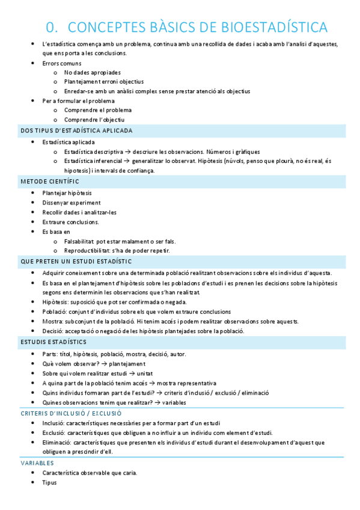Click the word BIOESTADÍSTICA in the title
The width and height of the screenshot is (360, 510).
click(275, 28)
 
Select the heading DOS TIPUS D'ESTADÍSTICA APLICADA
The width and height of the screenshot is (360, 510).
click(76, 131)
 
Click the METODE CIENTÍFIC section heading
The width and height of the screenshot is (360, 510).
click(49, 181)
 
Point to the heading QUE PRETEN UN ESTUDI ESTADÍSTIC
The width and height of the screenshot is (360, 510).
click(76, 261)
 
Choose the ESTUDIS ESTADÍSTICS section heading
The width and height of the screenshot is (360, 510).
click(53, 342)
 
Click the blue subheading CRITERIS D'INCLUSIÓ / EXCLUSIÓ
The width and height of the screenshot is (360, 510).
click(71, 413)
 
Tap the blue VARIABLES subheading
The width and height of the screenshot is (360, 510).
click(37, 463)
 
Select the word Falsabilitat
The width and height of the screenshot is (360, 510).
click(79, 241)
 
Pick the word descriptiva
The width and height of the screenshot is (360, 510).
click(107, 152)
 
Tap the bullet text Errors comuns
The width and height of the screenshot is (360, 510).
click(61, 63)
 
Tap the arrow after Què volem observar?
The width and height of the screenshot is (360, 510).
click(105, 363)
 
